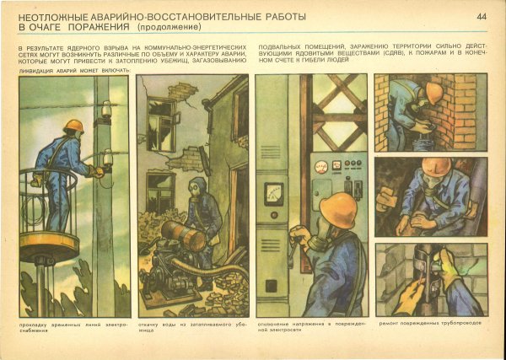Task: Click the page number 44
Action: [x=482, y=16]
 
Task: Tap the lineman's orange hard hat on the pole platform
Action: [x=75, y=126]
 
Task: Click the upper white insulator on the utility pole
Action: [x=106, y=110]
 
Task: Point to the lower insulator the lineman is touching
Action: [x=107, y=159]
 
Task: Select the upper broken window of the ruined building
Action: [x=159, y=118]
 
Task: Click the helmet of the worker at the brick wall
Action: [x=433, y=92]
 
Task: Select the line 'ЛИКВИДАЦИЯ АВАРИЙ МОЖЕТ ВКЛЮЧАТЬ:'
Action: [x=74, y=70]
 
